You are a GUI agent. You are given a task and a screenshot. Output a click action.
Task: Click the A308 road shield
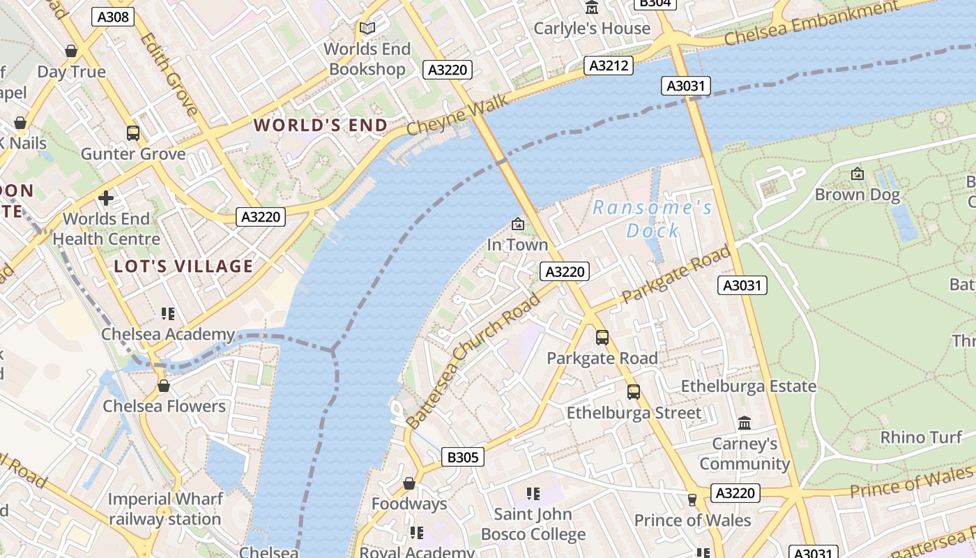[x=113, y=17]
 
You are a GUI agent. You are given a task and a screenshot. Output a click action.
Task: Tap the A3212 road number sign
[x=609, y=66]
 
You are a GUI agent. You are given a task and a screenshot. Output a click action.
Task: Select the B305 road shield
[x=463, y=458]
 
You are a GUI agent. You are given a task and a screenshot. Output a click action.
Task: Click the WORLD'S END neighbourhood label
[x=321, y=126]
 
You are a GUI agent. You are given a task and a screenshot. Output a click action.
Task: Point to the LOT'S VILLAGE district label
[x=183, y=266]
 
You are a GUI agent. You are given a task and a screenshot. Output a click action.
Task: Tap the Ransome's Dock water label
[x=653, y=219]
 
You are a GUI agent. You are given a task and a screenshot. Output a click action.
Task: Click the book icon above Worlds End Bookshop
[x=367, y=29]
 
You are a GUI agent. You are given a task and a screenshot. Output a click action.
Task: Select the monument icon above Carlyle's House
[x=592, y=8]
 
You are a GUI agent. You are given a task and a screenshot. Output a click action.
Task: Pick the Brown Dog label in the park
[x=857, y=195]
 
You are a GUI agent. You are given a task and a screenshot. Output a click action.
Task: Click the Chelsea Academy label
[x=168, y=334]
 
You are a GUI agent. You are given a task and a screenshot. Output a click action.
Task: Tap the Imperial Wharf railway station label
[x=165, y=509]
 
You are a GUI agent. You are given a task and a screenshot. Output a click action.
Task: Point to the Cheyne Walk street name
[x=458, y=117]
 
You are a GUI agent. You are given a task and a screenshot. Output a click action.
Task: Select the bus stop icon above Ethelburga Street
[x=633, y=392]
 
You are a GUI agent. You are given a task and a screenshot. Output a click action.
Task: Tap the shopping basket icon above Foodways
[x=409, y=483]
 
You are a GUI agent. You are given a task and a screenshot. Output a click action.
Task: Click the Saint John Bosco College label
[x=533, y=525]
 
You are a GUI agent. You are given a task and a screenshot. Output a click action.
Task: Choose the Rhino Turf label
[x=921, y=437]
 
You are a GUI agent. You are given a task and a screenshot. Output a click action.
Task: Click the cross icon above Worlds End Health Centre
[x=106, y=198]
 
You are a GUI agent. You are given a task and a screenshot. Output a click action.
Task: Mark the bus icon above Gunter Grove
[x=132, y=133]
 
